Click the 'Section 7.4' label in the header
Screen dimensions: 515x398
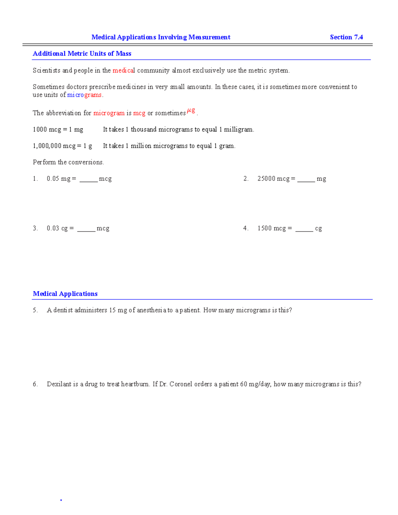pos(346,37)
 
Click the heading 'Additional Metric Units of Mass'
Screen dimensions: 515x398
pos(82,53)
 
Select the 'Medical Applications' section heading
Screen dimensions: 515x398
pos(65,293)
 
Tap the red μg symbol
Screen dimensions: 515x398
pos(191,110)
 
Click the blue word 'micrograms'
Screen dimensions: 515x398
pos(84,95)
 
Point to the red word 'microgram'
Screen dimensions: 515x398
pos(109,113)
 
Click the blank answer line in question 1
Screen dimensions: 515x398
pos(89,180)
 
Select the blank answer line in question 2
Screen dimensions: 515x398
pos(306,180)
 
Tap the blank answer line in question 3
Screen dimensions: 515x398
pos(86,230)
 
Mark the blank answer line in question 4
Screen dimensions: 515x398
pos(304,230)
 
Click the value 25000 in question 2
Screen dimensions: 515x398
pos(266,179)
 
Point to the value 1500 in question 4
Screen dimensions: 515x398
pos(264,228)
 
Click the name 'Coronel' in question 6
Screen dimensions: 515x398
pos(181,384)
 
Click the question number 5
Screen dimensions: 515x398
pos(35,310)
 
